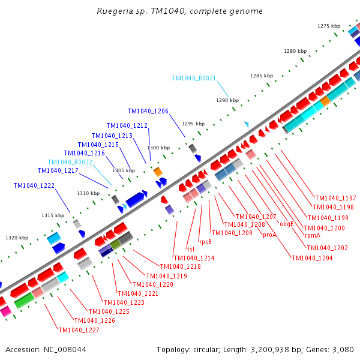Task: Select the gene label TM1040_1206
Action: (x=148, y=111)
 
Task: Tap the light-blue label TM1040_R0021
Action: (x=194, y=78)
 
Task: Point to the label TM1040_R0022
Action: (x=70, y=162)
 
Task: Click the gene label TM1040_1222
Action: (x=34, y=185)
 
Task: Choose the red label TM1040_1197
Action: (x=335, y=198)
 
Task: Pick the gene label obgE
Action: (x=287, y=224)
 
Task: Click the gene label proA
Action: (x=269, y=235)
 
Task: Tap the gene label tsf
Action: (x=191, y=249)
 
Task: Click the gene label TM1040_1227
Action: (x=79, y=330)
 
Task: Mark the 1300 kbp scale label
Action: (x=158, y=148)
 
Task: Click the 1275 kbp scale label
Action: (x=328, y=26)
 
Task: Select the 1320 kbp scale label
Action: (x=17, y=238)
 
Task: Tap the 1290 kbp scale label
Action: (x=227, y=100)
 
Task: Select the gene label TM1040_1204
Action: (x=311, y=258)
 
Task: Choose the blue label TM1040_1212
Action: (x=127, y=125)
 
